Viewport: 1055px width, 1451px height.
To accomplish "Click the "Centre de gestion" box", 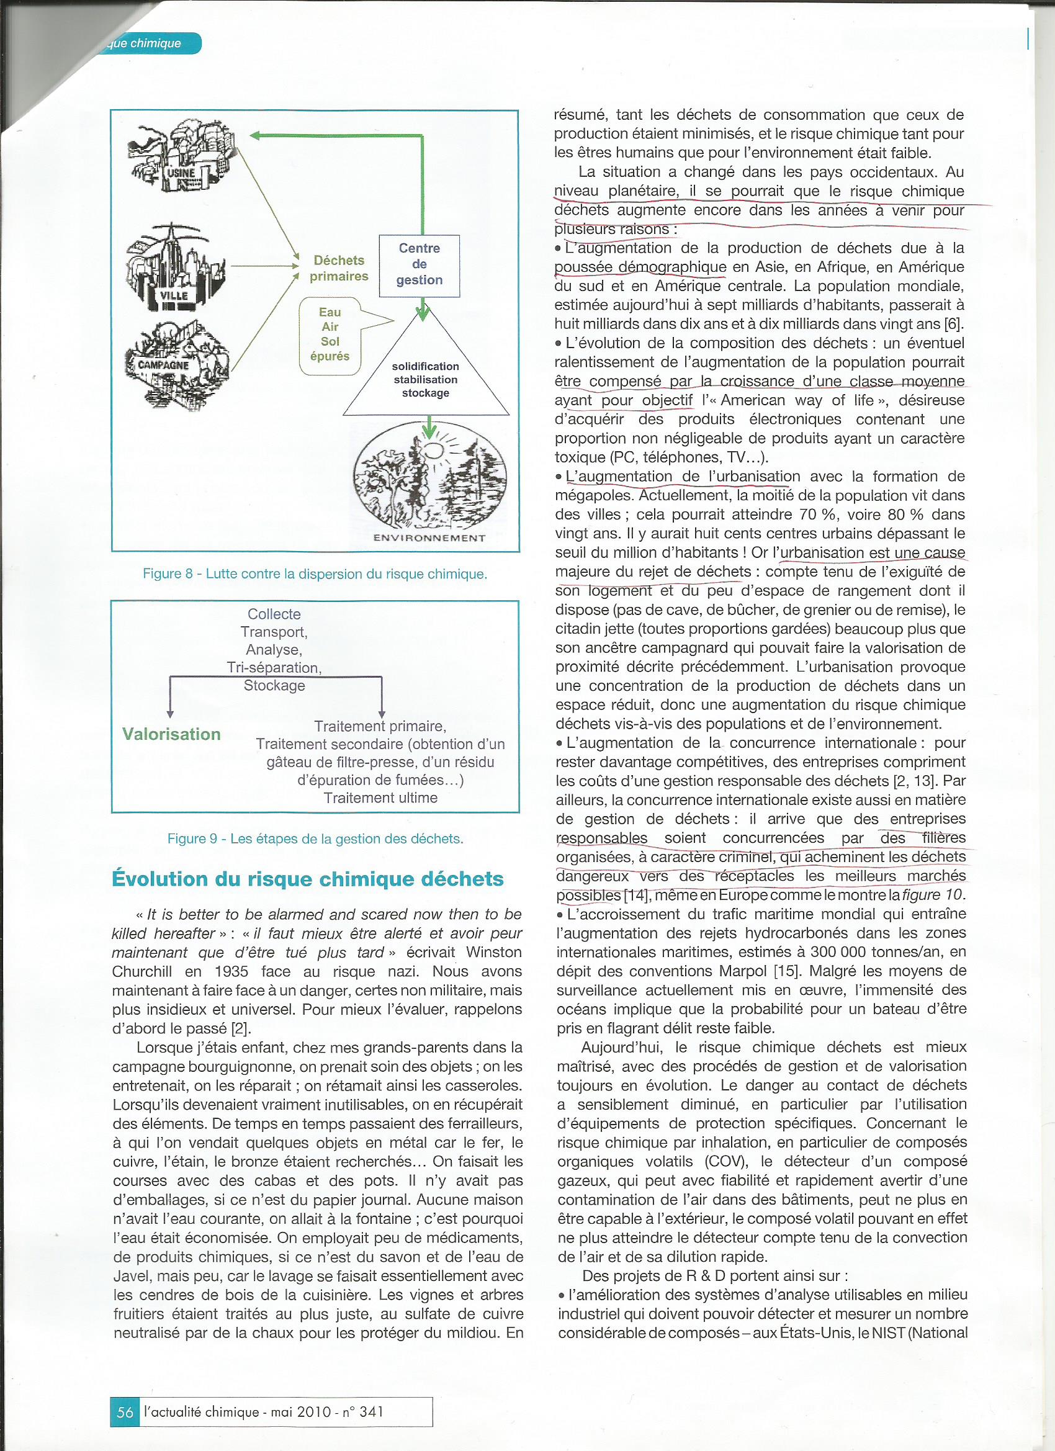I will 419,265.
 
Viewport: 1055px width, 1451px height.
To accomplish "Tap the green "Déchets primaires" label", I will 338,268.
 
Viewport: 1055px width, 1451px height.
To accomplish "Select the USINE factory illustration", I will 183,158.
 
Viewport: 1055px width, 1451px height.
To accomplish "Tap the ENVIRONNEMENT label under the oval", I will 429,538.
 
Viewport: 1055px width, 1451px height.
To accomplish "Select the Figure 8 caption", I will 315,574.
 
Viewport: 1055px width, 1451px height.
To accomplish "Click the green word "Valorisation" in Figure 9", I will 171,734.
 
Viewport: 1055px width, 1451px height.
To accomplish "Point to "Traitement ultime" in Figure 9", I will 380,797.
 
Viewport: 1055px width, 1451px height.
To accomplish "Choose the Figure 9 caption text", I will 315,838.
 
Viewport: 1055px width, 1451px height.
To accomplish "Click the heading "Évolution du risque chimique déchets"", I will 308,879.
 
